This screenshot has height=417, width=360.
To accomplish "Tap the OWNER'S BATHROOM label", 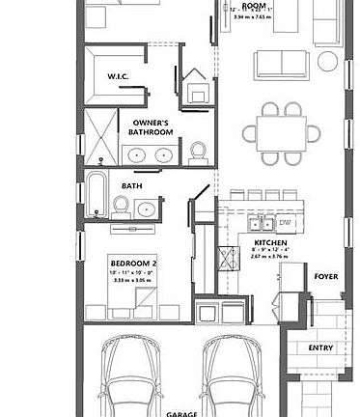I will [151, 127].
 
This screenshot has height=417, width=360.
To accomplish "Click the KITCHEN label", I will [267, 242].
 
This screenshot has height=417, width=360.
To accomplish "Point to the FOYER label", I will [326, 276].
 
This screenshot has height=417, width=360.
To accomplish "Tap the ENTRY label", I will [320, 347].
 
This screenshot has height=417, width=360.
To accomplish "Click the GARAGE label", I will [181, 412].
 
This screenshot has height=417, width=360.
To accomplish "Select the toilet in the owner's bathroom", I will [198, 151].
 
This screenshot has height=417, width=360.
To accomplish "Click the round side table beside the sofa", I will [328, 63].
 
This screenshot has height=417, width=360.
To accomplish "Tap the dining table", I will [284, 132].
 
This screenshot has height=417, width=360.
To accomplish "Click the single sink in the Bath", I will [148, 208].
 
